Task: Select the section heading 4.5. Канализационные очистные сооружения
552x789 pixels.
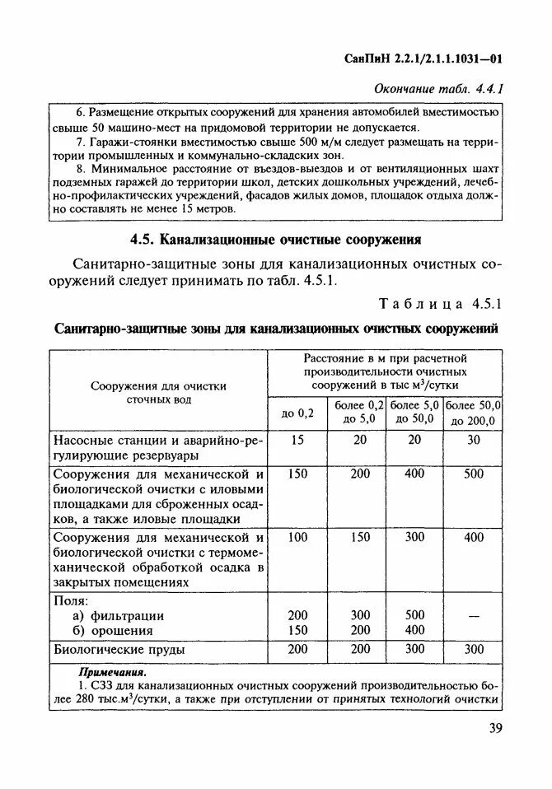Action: (x=276, y=240)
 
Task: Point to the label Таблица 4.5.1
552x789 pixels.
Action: (x=440, y=303)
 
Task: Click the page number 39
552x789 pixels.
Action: (x=495, y=728)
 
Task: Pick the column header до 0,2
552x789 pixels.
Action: (x=297, y=413)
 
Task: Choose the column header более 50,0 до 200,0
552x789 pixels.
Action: (x=474, y=413)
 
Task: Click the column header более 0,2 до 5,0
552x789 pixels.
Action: (x=358, y=413)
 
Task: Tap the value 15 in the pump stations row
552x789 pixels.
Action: (x=297, y=441)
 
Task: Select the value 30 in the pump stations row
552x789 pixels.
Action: (x=474, y=441)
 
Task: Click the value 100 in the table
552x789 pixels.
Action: (x=297, y=537)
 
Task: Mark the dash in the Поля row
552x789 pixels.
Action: (x=474, y=615)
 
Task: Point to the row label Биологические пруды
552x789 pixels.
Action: (x=119, y=649)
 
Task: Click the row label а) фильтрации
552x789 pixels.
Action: (x=118, y=615)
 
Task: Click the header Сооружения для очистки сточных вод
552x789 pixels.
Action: (x=159, y=392)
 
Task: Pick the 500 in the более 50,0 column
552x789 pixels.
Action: (x=474, y=474)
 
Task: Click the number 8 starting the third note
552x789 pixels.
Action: (x=79, y=168)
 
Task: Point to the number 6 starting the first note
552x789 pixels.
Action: (x=79, y=112)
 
